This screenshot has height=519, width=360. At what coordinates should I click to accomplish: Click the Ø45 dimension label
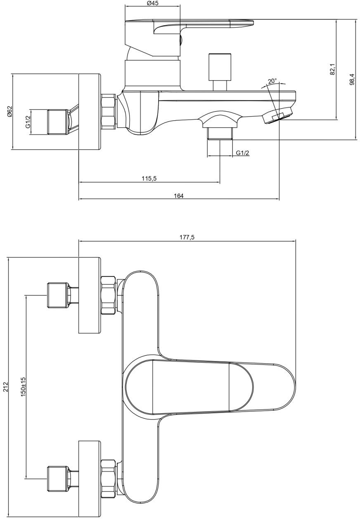pyautogui.click(x=153, y=3)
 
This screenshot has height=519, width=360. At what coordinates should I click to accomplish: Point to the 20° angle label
pyautogui.click(x=272, y=81)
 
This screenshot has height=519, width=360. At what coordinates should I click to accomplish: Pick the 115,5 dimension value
pyautogui.click(x=149, y=179)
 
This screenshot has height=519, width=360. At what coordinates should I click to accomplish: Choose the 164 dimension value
pyautogui.click(x=178, y=196)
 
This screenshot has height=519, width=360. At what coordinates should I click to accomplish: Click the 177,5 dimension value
pyautogui.click(x=187, y=238)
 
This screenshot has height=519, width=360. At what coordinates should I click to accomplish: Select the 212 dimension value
pyautogui.click(x=5, y=387)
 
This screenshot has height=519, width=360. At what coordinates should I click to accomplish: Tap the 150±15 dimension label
pyautogui.click(x=23, y=387)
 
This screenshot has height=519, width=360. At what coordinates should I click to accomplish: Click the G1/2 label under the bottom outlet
pyautogui.click(x=242, y=153)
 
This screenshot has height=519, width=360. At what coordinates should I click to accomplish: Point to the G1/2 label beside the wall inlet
pyautogui.click(x=28, y=122)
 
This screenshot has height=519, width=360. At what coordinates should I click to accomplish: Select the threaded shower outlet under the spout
pyautogui.click(x=220, y=133)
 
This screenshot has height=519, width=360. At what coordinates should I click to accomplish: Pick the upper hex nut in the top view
pyautogui.click(x=108, y=295)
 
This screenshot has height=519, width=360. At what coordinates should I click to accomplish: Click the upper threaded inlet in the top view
pyautogui.click(x=58, y=295)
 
